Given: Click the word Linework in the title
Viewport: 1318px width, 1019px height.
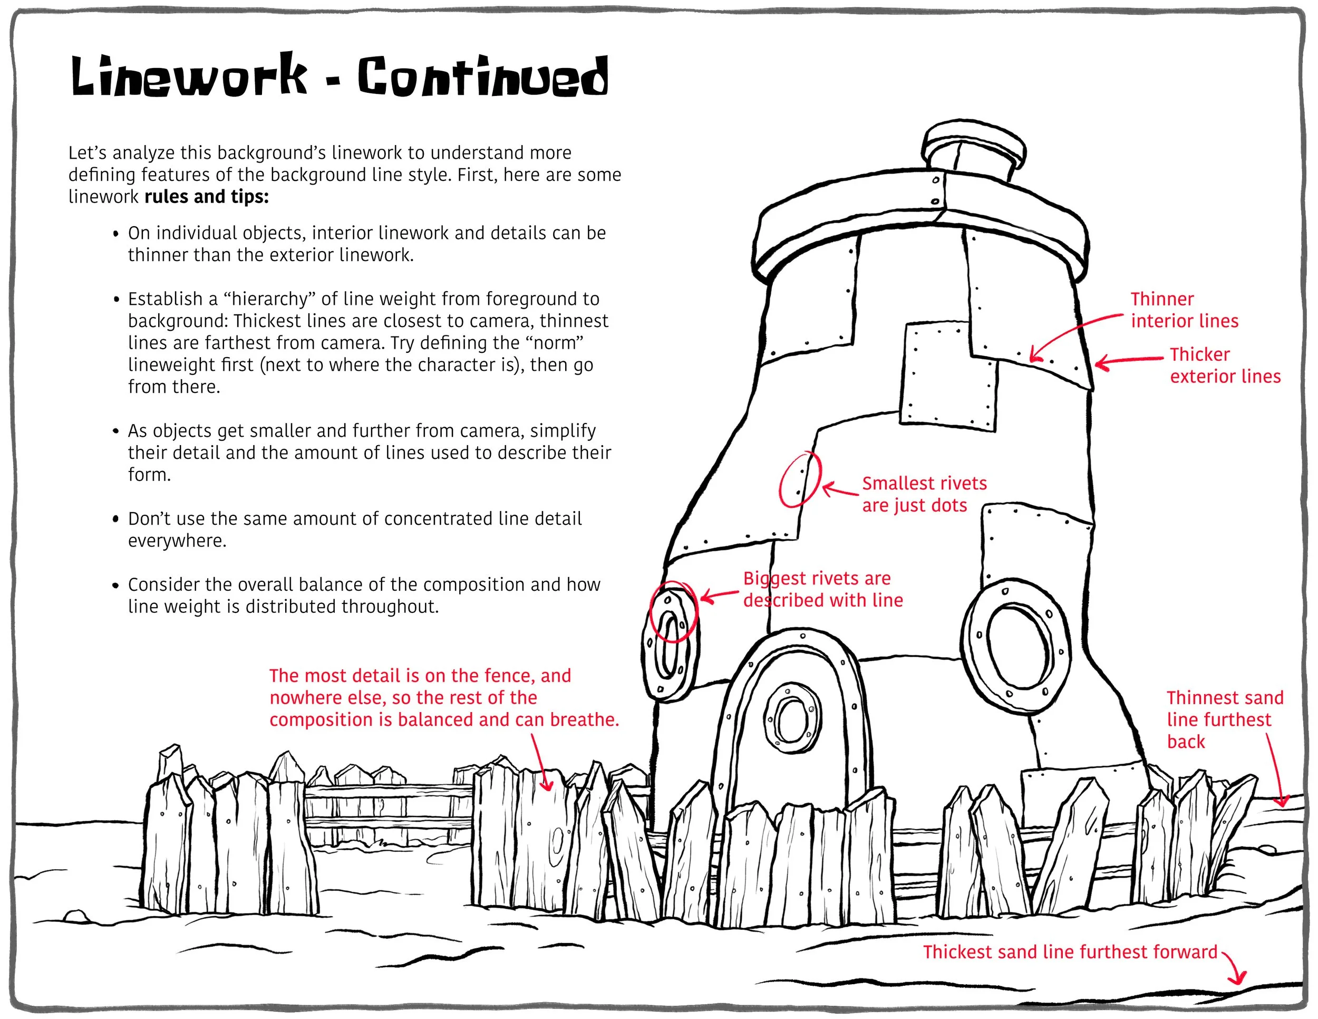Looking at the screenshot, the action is (188, 76).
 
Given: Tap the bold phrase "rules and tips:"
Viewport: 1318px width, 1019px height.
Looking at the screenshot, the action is (206, 197).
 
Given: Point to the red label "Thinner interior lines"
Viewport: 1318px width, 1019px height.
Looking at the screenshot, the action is (1184, 310).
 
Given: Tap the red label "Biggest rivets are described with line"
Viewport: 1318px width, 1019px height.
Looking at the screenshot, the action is (822, 589).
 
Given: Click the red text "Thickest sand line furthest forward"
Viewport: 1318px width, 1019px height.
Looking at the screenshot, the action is (1069, 952).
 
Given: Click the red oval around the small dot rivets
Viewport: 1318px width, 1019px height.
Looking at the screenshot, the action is (800, 479).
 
